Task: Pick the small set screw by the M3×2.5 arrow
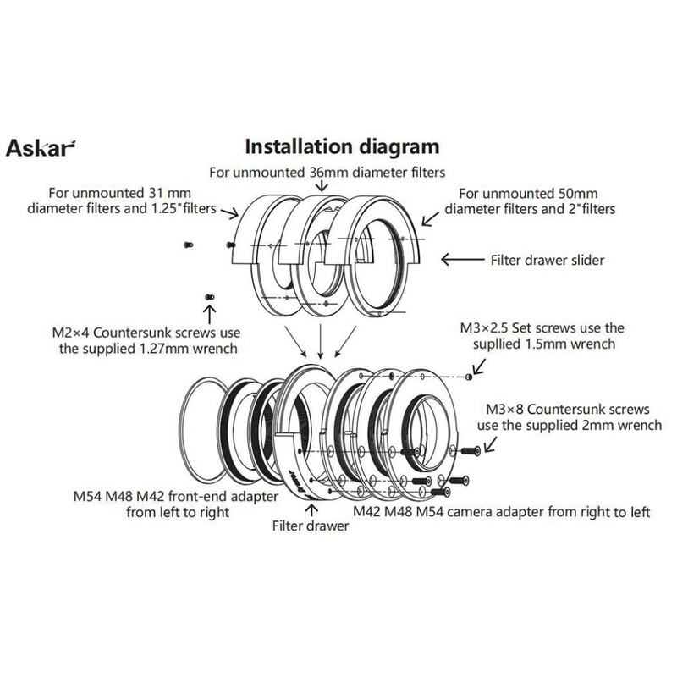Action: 469,376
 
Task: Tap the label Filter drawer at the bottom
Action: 312,524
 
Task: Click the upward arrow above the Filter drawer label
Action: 312,508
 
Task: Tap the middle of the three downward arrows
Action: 319,342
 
